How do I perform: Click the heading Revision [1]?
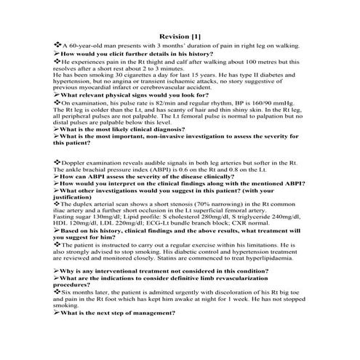[180, 36]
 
